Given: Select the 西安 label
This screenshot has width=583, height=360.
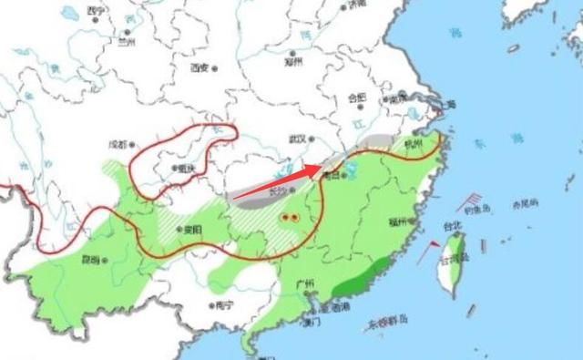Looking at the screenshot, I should point(200,67).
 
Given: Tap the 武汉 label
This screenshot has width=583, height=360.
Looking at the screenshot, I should point(296,139).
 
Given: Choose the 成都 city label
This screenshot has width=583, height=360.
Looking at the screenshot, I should point(119,143).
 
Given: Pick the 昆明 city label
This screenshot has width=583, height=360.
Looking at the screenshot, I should point(92,259).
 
